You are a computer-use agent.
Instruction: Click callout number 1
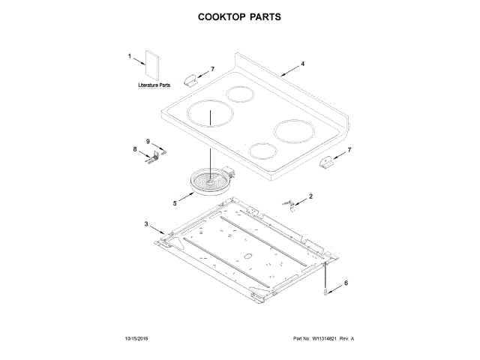tap(130, 57)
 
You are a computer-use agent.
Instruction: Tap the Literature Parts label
tap(154, 86)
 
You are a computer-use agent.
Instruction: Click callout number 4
tap(303, 64)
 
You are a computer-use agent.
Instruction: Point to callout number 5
tap(175, 202)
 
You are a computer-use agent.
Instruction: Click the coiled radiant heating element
tap(209, 181)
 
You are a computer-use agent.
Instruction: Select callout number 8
tap(136, 149)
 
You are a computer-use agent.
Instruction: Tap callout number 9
tap(148, 141)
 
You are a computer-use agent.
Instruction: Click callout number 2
tap(311, 196)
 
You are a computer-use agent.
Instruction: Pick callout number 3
tap(147, 224)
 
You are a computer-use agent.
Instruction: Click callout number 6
tap(346, 283)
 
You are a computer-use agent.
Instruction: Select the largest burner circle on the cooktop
tap(209, 117)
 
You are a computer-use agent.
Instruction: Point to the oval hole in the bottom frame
tap(247, 257)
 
